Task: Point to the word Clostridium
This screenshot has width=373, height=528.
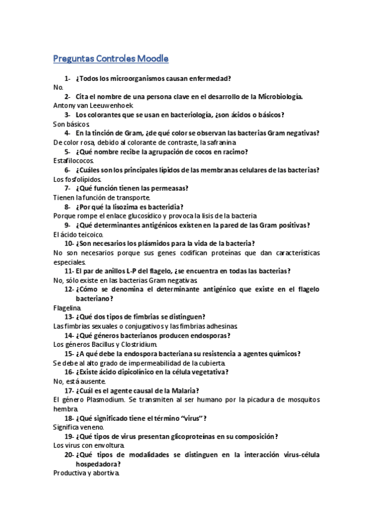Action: point(139,344)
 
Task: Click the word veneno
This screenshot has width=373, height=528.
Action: point(92,427)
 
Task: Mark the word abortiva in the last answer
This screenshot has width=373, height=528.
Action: point(105,473)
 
